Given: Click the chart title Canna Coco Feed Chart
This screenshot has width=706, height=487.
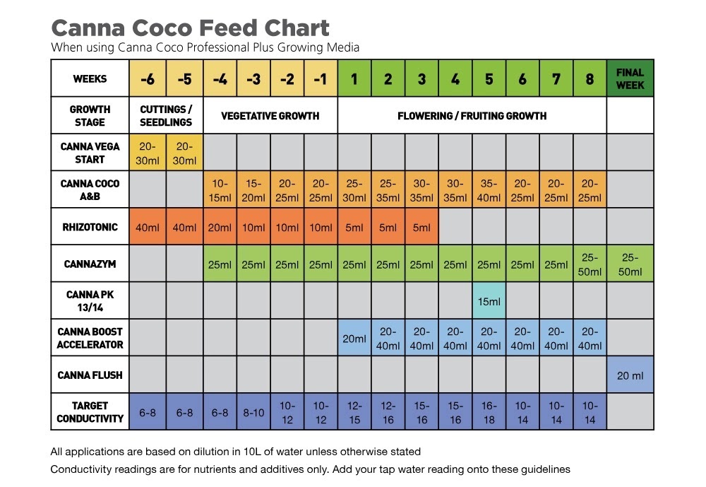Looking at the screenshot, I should click(190, 28).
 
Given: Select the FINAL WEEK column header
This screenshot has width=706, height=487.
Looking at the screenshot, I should click(630, 78).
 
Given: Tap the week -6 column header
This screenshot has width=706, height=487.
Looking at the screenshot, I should click(148, 79).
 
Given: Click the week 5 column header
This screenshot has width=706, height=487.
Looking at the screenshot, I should click(489, 79).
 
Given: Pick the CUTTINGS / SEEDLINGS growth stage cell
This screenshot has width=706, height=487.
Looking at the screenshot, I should click(166, 115).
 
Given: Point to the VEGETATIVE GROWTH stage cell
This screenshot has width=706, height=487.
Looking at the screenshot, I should click(270, 115).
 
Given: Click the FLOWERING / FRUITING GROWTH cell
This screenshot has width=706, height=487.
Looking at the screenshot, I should click(472, 115).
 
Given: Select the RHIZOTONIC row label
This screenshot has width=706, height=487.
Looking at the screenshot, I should click(90, 227).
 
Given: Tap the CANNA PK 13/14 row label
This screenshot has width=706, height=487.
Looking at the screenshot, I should click(90, 301).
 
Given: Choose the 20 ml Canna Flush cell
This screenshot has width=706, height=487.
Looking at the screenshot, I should click(630, 375).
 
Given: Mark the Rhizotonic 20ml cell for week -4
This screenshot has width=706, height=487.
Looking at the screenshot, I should click(220, 228).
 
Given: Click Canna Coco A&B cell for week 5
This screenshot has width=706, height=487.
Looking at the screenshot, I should click(489, 190).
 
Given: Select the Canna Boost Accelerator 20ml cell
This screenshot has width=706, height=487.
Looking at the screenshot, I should click(354, 339).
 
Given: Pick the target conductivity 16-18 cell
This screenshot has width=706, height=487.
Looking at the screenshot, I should click(489, 412).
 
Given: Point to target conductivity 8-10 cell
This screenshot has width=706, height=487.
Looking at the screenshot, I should click(253, 412).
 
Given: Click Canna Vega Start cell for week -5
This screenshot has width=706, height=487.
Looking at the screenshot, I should click(184, 153).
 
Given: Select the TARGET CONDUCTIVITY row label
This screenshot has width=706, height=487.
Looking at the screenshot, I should click(90, 412).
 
